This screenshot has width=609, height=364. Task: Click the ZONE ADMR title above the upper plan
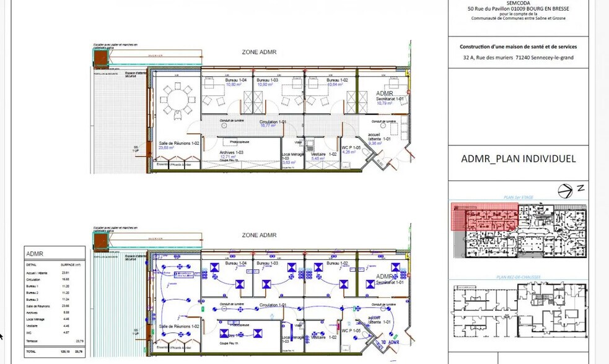(x=259, y=52)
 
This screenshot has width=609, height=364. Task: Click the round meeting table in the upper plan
(x=178, y=100)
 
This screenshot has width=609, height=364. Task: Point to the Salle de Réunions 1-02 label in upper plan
(x=178, y=143)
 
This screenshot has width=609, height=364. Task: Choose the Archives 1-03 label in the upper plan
(x=231, y=152)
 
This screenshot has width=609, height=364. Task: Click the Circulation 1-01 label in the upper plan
(x=273, y=122)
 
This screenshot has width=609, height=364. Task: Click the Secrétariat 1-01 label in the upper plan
(x=390, y=98)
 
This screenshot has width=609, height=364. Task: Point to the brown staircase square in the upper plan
(x=100, y=58)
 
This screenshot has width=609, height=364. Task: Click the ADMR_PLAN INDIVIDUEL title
(x=518, y=159)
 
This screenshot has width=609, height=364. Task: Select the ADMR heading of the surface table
(x=35, y=254)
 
